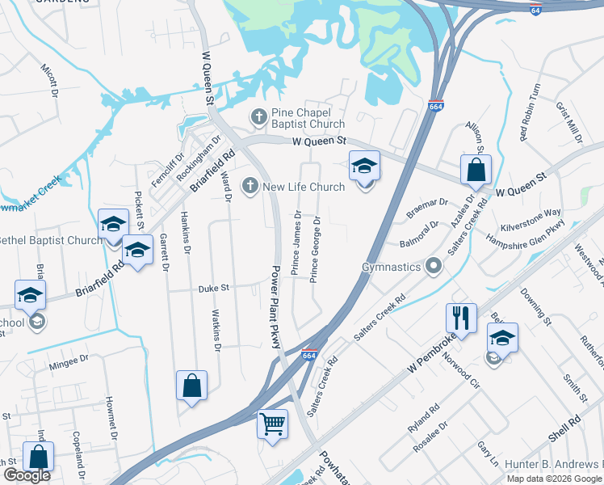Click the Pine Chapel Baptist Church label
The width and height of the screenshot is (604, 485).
tap(308, 118)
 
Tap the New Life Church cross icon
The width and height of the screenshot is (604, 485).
tap(250, 187)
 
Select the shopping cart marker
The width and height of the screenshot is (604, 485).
tap(272, 423)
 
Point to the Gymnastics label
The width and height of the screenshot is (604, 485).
tap(392, 266)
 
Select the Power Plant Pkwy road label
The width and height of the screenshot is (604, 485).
tap(275, 307)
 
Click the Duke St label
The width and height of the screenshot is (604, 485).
tap(215, 287)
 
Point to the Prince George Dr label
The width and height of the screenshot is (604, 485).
tap(315, 249)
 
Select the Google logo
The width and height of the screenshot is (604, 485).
tap(27, 476)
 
